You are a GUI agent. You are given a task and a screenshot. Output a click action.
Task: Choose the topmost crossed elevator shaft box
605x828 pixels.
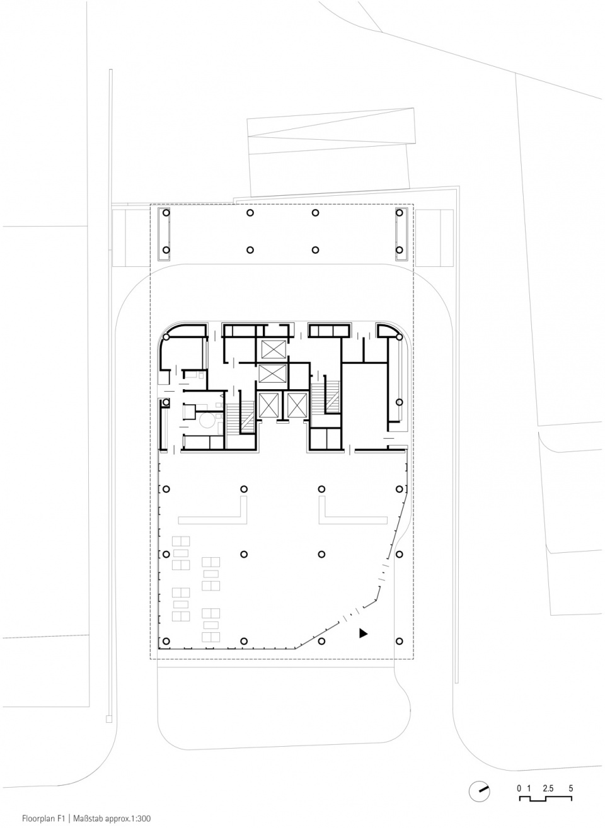tap(274, 349)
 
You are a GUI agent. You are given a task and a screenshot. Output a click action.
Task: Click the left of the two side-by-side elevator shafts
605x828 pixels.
tap(268, 405)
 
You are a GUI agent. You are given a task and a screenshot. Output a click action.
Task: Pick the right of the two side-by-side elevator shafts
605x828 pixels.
tap(297, 405)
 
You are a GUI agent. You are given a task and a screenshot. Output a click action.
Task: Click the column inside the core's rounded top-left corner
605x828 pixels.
tap(166, 337)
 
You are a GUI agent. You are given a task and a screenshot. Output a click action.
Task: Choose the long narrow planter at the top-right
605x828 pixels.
tap(401, 234)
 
